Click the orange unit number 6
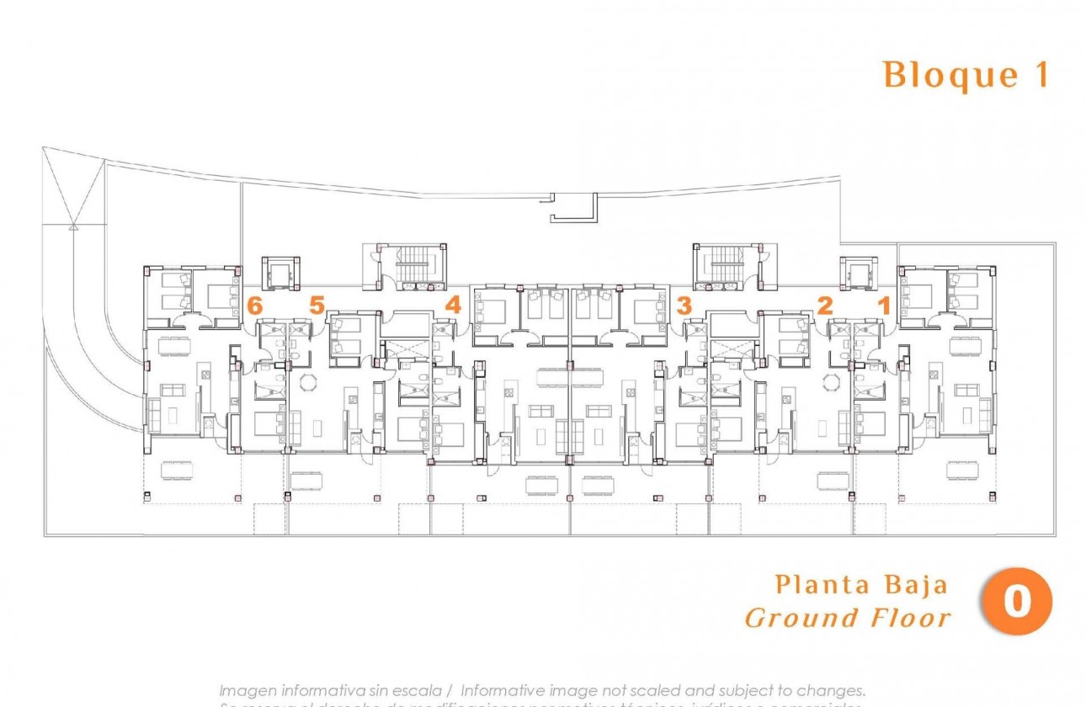255,306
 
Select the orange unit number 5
317,306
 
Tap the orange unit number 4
453,306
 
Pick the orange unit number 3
684,306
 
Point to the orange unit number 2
825,306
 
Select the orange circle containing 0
1017,602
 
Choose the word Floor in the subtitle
911,619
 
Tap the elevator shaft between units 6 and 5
280,273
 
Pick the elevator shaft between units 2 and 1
858,273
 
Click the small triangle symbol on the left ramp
73,225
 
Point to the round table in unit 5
306,382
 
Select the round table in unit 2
832,382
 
